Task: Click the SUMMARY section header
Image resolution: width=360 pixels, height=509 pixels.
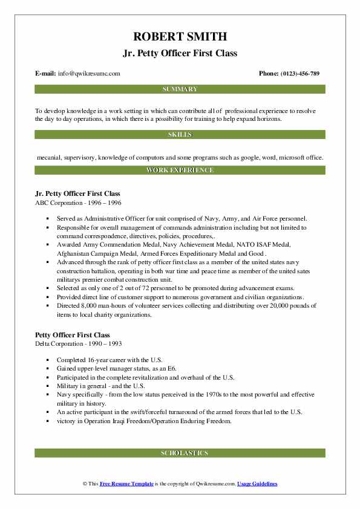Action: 180,89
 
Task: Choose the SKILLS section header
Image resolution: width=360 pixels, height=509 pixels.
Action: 180,134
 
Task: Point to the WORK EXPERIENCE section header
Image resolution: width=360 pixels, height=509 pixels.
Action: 180,170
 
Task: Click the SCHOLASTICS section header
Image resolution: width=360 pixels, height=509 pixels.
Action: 180,453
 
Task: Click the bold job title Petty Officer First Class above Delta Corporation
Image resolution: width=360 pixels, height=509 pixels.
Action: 73,335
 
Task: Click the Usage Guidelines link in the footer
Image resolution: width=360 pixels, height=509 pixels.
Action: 257,484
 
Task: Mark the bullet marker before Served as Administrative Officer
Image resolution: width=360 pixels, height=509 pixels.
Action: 47,218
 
